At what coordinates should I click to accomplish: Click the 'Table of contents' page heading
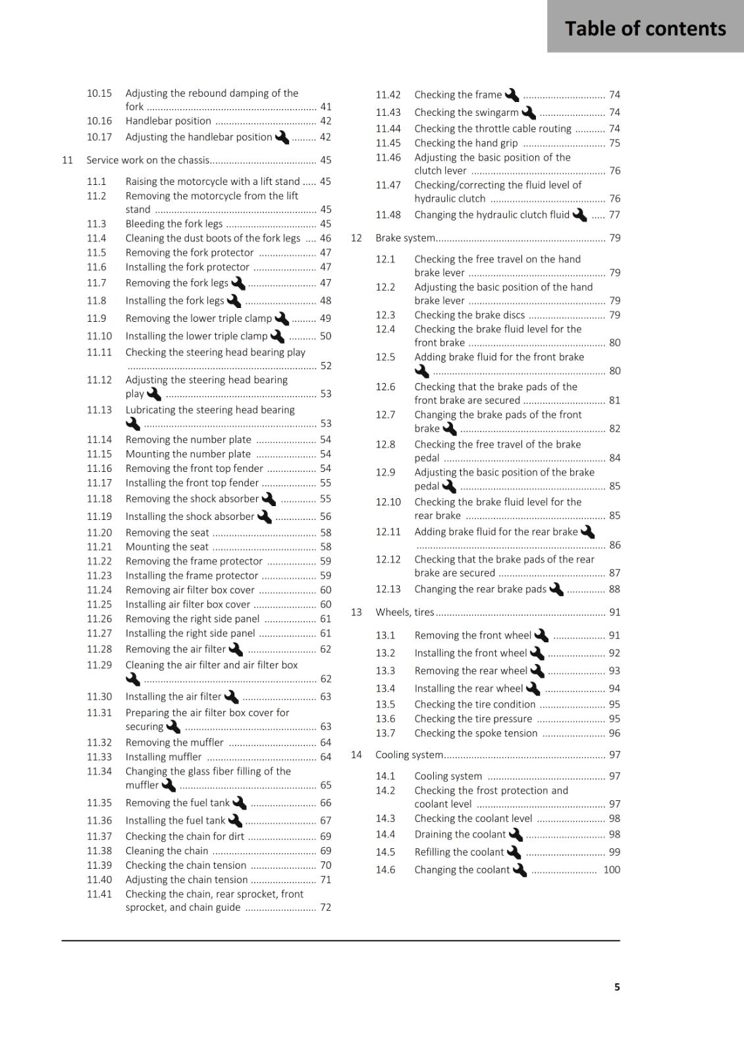click(x=645, y=28)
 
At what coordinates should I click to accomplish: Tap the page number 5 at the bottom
click(x=617, y=987)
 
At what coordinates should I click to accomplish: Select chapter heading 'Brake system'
click(x=405, y=238)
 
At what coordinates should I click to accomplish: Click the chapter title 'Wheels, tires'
click(x=404, y=612)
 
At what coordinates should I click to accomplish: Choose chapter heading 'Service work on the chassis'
click(x=148, y=160)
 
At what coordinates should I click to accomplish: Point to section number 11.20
click(x=99, y=532)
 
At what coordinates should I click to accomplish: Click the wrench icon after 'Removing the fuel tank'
click(x=240, y=803)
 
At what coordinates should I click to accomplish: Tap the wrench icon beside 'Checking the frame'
click(x=512, y=95)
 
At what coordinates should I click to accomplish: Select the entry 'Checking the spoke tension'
click(x=475, y=733)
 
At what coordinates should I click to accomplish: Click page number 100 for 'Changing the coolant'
click(x=612, y=869)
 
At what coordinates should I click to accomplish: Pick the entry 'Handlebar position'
click(x=168, y=121)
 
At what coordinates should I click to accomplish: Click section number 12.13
click(x=388, y=589)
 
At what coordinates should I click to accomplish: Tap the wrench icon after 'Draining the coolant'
click(x=516, y=835)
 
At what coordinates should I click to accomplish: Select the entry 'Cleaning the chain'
click(x=167, y=851)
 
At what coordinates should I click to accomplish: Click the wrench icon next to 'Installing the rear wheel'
click(x=533, y=688)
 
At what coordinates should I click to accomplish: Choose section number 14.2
click(x=385, y=790)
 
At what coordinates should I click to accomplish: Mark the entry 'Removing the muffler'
click(x=174, y=742)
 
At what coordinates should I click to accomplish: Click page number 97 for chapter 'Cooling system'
click(x=614, y=755)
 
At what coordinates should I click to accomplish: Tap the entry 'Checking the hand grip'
click(x=465, y=143)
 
